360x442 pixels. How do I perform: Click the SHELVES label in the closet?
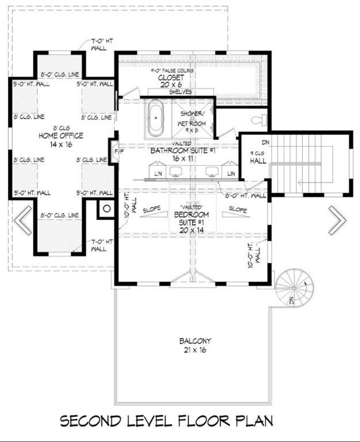[x=181, y=92]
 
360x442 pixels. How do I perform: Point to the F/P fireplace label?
[x=119, y=151]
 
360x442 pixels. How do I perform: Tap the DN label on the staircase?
[x=266, y=142]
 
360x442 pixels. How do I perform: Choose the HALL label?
[x=257, y=162]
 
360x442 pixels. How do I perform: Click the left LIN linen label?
[x=158, y=173]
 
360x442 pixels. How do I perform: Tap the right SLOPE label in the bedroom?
[x=237, y=209]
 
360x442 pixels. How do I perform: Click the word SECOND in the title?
[x=93, y=422]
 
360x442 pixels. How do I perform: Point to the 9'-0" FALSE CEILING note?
[x=173, y=70]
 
